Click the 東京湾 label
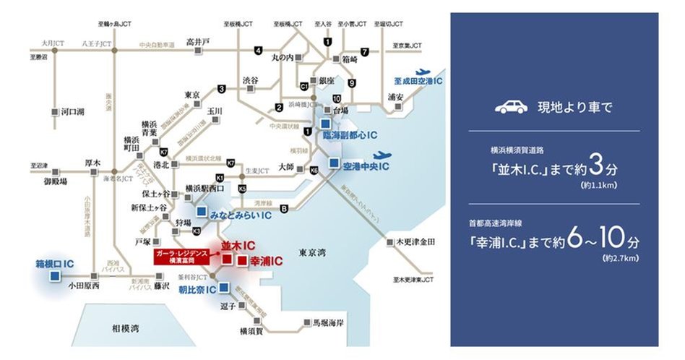(313, 252)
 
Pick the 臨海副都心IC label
(352, 135)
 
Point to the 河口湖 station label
(73, 112)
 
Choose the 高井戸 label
(197, 41)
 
